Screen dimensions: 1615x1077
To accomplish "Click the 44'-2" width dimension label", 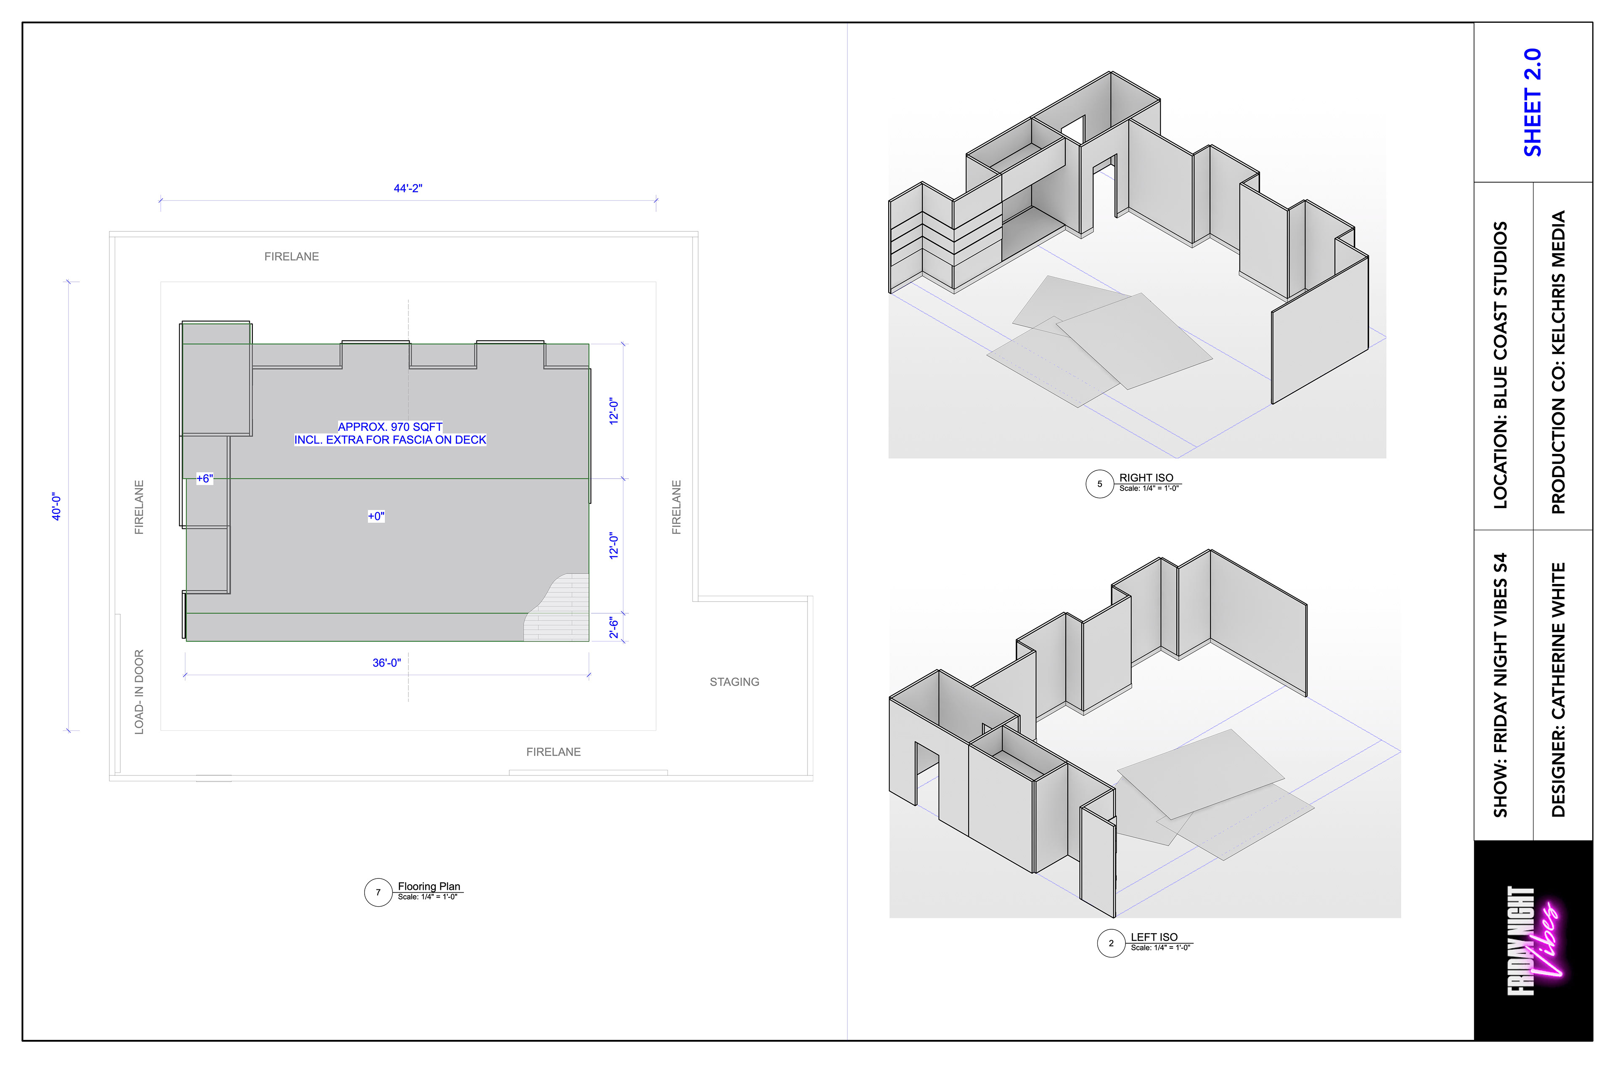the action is (408, 188).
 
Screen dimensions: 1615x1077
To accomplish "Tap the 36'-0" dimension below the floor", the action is (387, 663).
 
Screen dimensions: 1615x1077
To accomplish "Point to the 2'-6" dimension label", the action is (614, 627).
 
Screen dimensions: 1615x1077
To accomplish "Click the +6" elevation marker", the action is (205, 479).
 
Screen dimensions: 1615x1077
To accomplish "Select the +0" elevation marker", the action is (376, 516).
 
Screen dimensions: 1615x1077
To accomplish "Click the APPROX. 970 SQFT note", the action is (390, 427).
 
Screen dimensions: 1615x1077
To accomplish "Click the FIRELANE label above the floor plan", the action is (292, 256).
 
